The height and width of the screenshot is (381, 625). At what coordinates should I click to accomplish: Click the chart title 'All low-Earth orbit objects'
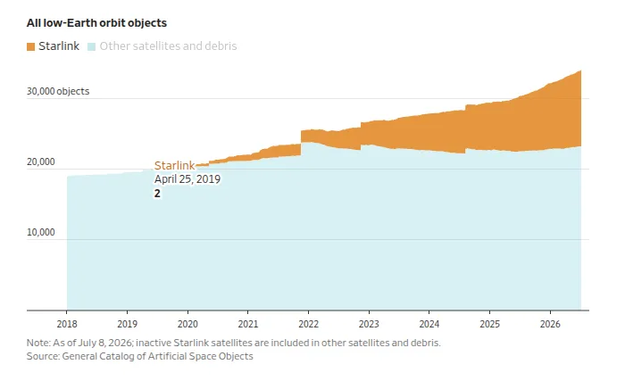tap(96, 23)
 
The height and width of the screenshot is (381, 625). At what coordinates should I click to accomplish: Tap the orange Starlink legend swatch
tap(30, 46)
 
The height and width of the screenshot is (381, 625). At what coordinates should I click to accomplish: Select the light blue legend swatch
tap(91, 46)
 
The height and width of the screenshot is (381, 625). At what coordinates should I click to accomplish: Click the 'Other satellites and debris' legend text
tap(168, 46)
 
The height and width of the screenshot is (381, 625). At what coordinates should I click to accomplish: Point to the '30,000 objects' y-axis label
tap(58, 91)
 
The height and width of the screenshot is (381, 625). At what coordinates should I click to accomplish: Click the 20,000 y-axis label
tap(41, 162)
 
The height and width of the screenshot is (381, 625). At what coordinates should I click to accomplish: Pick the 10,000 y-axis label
tap(41, 232)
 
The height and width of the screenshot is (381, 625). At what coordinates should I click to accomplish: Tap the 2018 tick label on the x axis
tap(67, 324)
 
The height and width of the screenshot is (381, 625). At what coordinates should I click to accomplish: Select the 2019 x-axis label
tap(127, 324)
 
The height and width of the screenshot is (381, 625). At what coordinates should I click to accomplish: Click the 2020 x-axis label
tap(187, 324)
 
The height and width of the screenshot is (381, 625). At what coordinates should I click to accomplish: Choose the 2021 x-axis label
tap(248, 324)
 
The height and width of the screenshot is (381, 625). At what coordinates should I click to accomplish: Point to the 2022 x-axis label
tap(309, 324)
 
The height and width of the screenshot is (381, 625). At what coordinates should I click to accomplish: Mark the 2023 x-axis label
tap(369, 324)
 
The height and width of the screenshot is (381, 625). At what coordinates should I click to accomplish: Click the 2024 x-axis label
tap(429, 324)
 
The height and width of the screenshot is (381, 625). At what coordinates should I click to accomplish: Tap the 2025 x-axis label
tap(489, 324)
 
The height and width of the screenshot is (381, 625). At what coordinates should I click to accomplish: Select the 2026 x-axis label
tap(550, 324)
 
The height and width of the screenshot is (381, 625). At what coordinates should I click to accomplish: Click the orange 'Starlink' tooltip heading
tap(175, 165)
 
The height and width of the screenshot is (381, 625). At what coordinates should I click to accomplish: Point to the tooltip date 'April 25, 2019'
tap(187, 179)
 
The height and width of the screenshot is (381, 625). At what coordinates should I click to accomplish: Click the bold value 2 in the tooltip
tap(157, 194)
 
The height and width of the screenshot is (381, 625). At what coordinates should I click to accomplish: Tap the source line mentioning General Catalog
tap(140, 356)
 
